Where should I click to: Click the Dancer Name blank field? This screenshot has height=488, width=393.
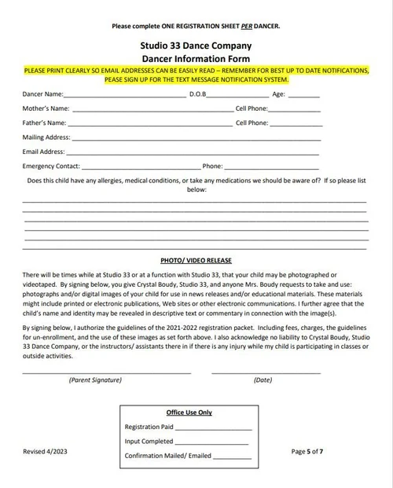click(x=126, y=97)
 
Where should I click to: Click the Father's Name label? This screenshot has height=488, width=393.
click(x=44, y=123)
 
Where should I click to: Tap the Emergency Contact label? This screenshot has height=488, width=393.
click(x=51, y=167)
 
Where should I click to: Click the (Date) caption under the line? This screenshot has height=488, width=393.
click(x=263, y=380)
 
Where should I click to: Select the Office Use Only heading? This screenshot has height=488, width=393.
click(x=189, y=413)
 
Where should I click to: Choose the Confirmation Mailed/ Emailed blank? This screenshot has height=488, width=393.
click(x=233, y=457)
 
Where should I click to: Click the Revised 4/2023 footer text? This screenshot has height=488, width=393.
click(x=45, y=452)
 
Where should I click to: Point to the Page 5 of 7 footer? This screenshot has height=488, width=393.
click(x=307, y=452)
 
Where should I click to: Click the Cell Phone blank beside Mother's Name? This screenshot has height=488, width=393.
click(x=295, y=111)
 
